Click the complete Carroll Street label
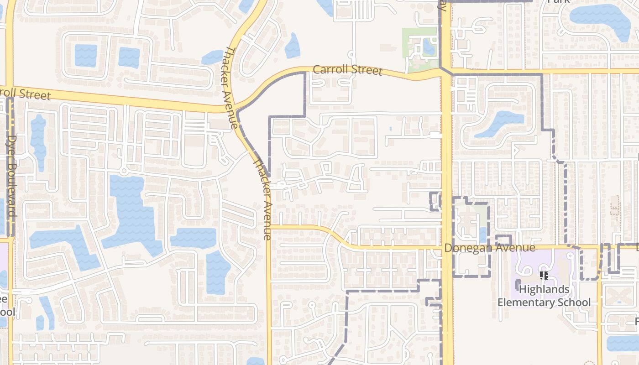tap(347, 70)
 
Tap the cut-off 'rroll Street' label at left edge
tap(25, 93)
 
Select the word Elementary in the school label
tap(527, 302)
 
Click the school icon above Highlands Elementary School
tap(544, 276)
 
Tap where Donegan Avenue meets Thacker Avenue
tap(269, 225)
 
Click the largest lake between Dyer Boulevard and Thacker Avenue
tap(130, 210)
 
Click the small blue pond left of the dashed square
tap(483, 235)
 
